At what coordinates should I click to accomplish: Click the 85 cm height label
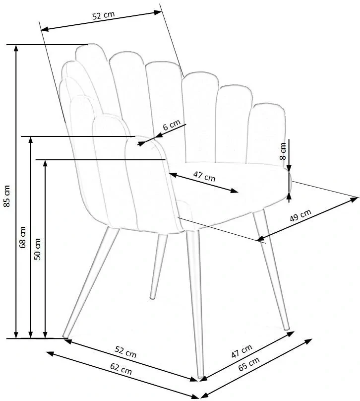[x=7, y=196]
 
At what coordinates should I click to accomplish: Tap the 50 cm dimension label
[x=38, y=249]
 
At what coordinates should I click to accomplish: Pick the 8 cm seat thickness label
[x=283, y=150]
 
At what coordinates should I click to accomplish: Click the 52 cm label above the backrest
[x=103, y=15]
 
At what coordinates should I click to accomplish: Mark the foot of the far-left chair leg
[x=64, y=336]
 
